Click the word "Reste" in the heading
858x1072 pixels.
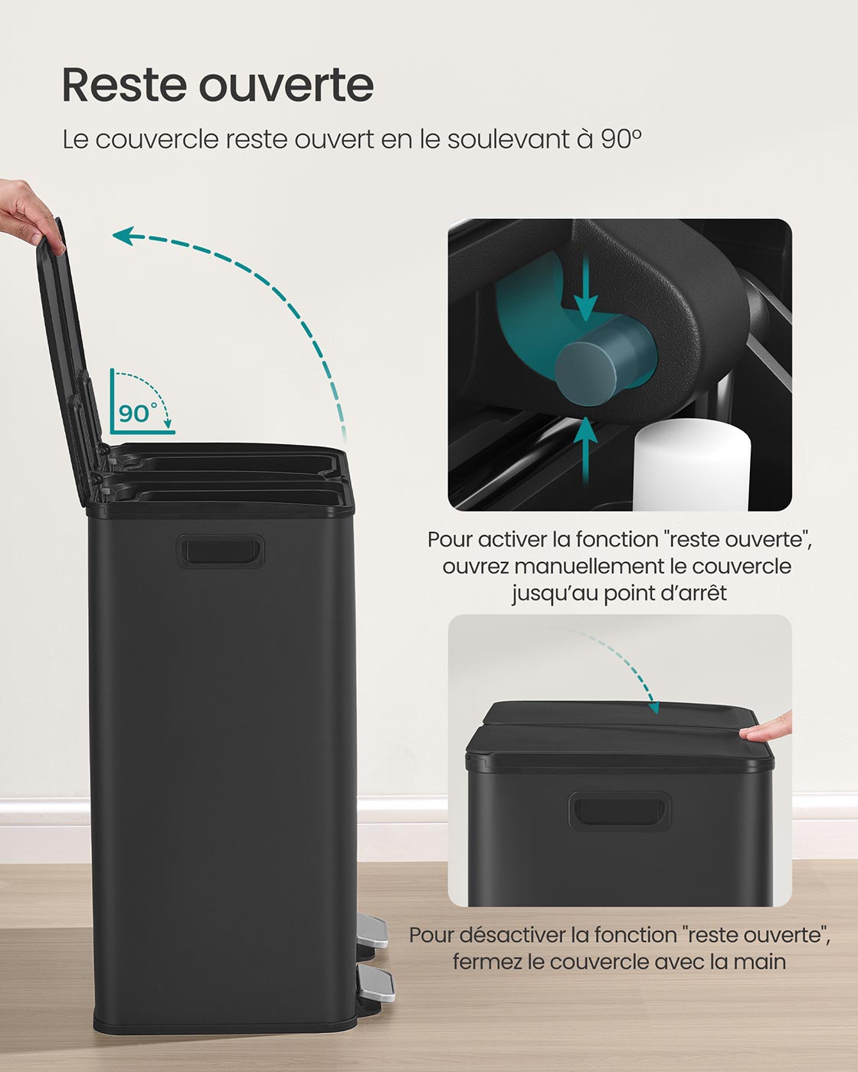tap(124, 86)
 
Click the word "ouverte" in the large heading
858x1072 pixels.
tap(287, 87)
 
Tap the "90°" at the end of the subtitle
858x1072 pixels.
tap(621, 139)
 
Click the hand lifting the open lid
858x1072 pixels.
tap(28, 214)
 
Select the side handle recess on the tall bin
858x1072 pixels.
tap(220, 551)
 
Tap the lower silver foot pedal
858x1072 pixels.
tap(376, 984)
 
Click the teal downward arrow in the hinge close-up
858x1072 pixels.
tap(585, 287)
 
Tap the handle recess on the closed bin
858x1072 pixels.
tap(620, 812)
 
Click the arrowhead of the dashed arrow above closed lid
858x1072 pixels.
tap(654, 707)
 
